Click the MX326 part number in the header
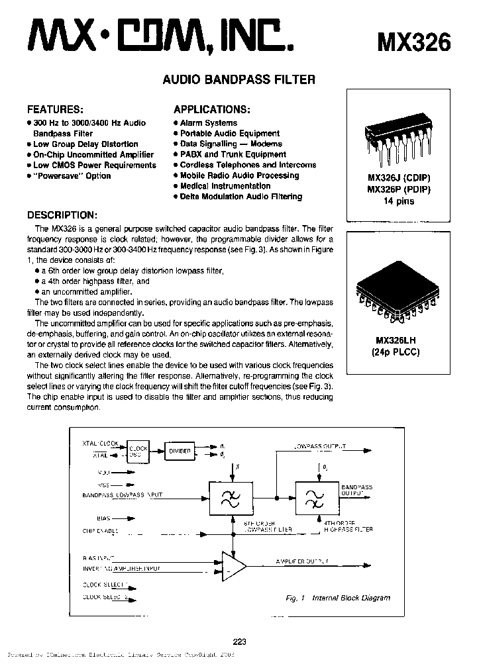click(x=413, y=42)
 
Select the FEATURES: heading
click(x=55, y=109)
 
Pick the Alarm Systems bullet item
click(x=208, y=123)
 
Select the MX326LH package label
click(x=396, y=340)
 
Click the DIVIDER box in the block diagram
click(x=180, y=451)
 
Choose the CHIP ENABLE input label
click(x=101, y=531)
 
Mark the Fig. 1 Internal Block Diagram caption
click(x=338, y=598)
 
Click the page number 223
click(x=240, y=641)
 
